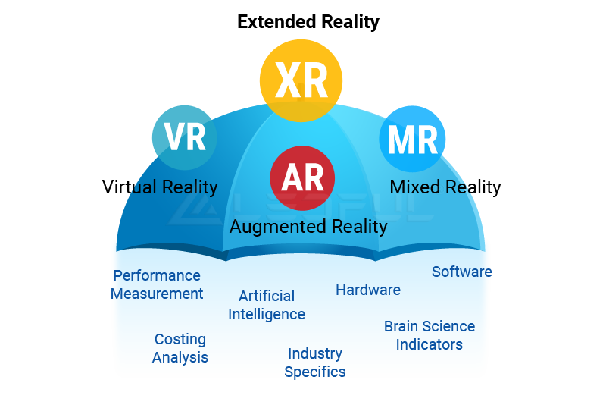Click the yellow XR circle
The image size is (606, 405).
click(x=301, y=80)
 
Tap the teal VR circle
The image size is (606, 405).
click(x=184, y=138)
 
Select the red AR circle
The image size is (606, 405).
click(x=302, y=178)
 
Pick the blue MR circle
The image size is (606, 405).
click(x=412, y=139)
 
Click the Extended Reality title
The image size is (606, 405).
click(x=308, y=22)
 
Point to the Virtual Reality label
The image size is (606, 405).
click(x=160, y=187)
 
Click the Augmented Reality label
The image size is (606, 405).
click(x=308, y=227)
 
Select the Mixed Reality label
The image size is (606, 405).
click(x=445, y=187)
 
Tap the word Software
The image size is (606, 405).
click(x=462, y=272)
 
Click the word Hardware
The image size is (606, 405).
click(x=368, y=290)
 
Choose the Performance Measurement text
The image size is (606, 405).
click(x=157, y=284)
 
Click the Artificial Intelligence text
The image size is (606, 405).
click(x=267, y=305)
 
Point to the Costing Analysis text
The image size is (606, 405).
click(x=180, y=349)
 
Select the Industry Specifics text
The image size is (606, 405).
click(x=315, y=363)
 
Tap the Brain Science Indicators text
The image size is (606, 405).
click(x=430, y=335)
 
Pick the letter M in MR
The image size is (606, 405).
click(x=401, y=140)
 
